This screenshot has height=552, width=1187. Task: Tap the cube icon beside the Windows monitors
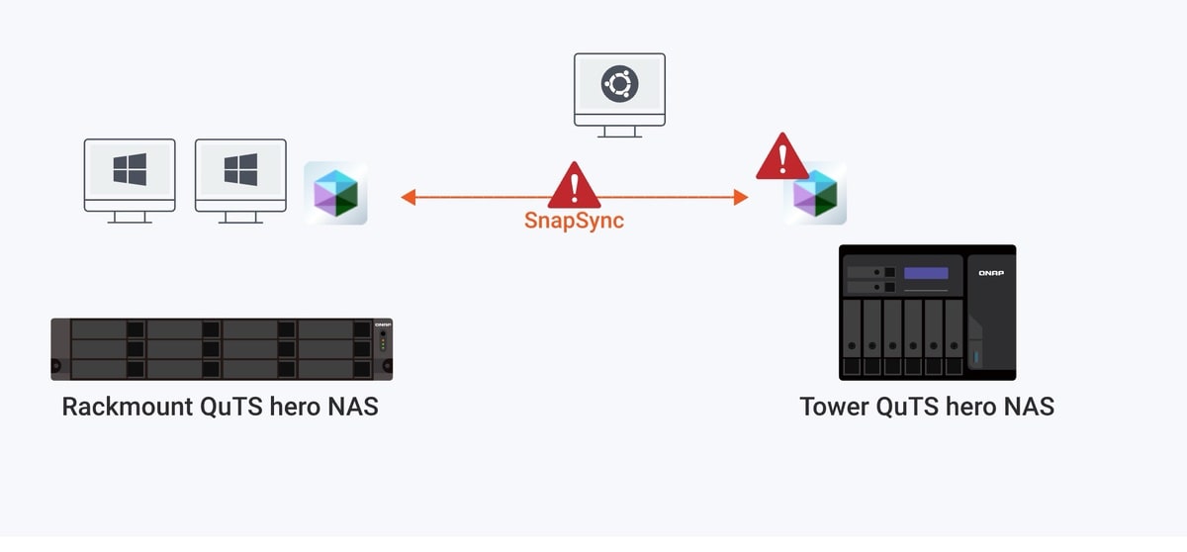pos(335,193)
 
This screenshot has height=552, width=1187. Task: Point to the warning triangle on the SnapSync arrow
pos(575,186)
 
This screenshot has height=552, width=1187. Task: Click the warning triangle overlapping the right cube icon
pos(782,157)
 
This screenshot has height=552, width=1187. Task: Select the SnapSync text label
pos(574,221)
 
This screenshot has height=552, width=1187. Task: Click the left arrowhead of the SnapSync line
pos(408,198)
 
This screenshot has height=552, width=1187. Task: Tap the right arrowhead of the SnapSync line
pos(741,198)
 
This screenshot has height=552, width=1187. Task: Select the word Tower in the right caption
pos(831,407)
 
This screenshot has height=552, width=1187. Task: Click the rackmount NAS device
pos(222,349)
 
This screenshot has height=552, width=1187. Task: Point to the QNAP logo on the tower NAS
pos(990,273)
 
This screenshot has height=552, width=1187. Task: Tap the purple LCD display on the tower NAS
pos(926,273)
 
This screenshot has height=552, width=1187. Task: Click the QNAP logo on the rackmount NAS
pos(384,324)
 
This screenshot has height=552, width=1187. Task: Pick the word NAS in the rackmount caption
pos(352,407)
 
